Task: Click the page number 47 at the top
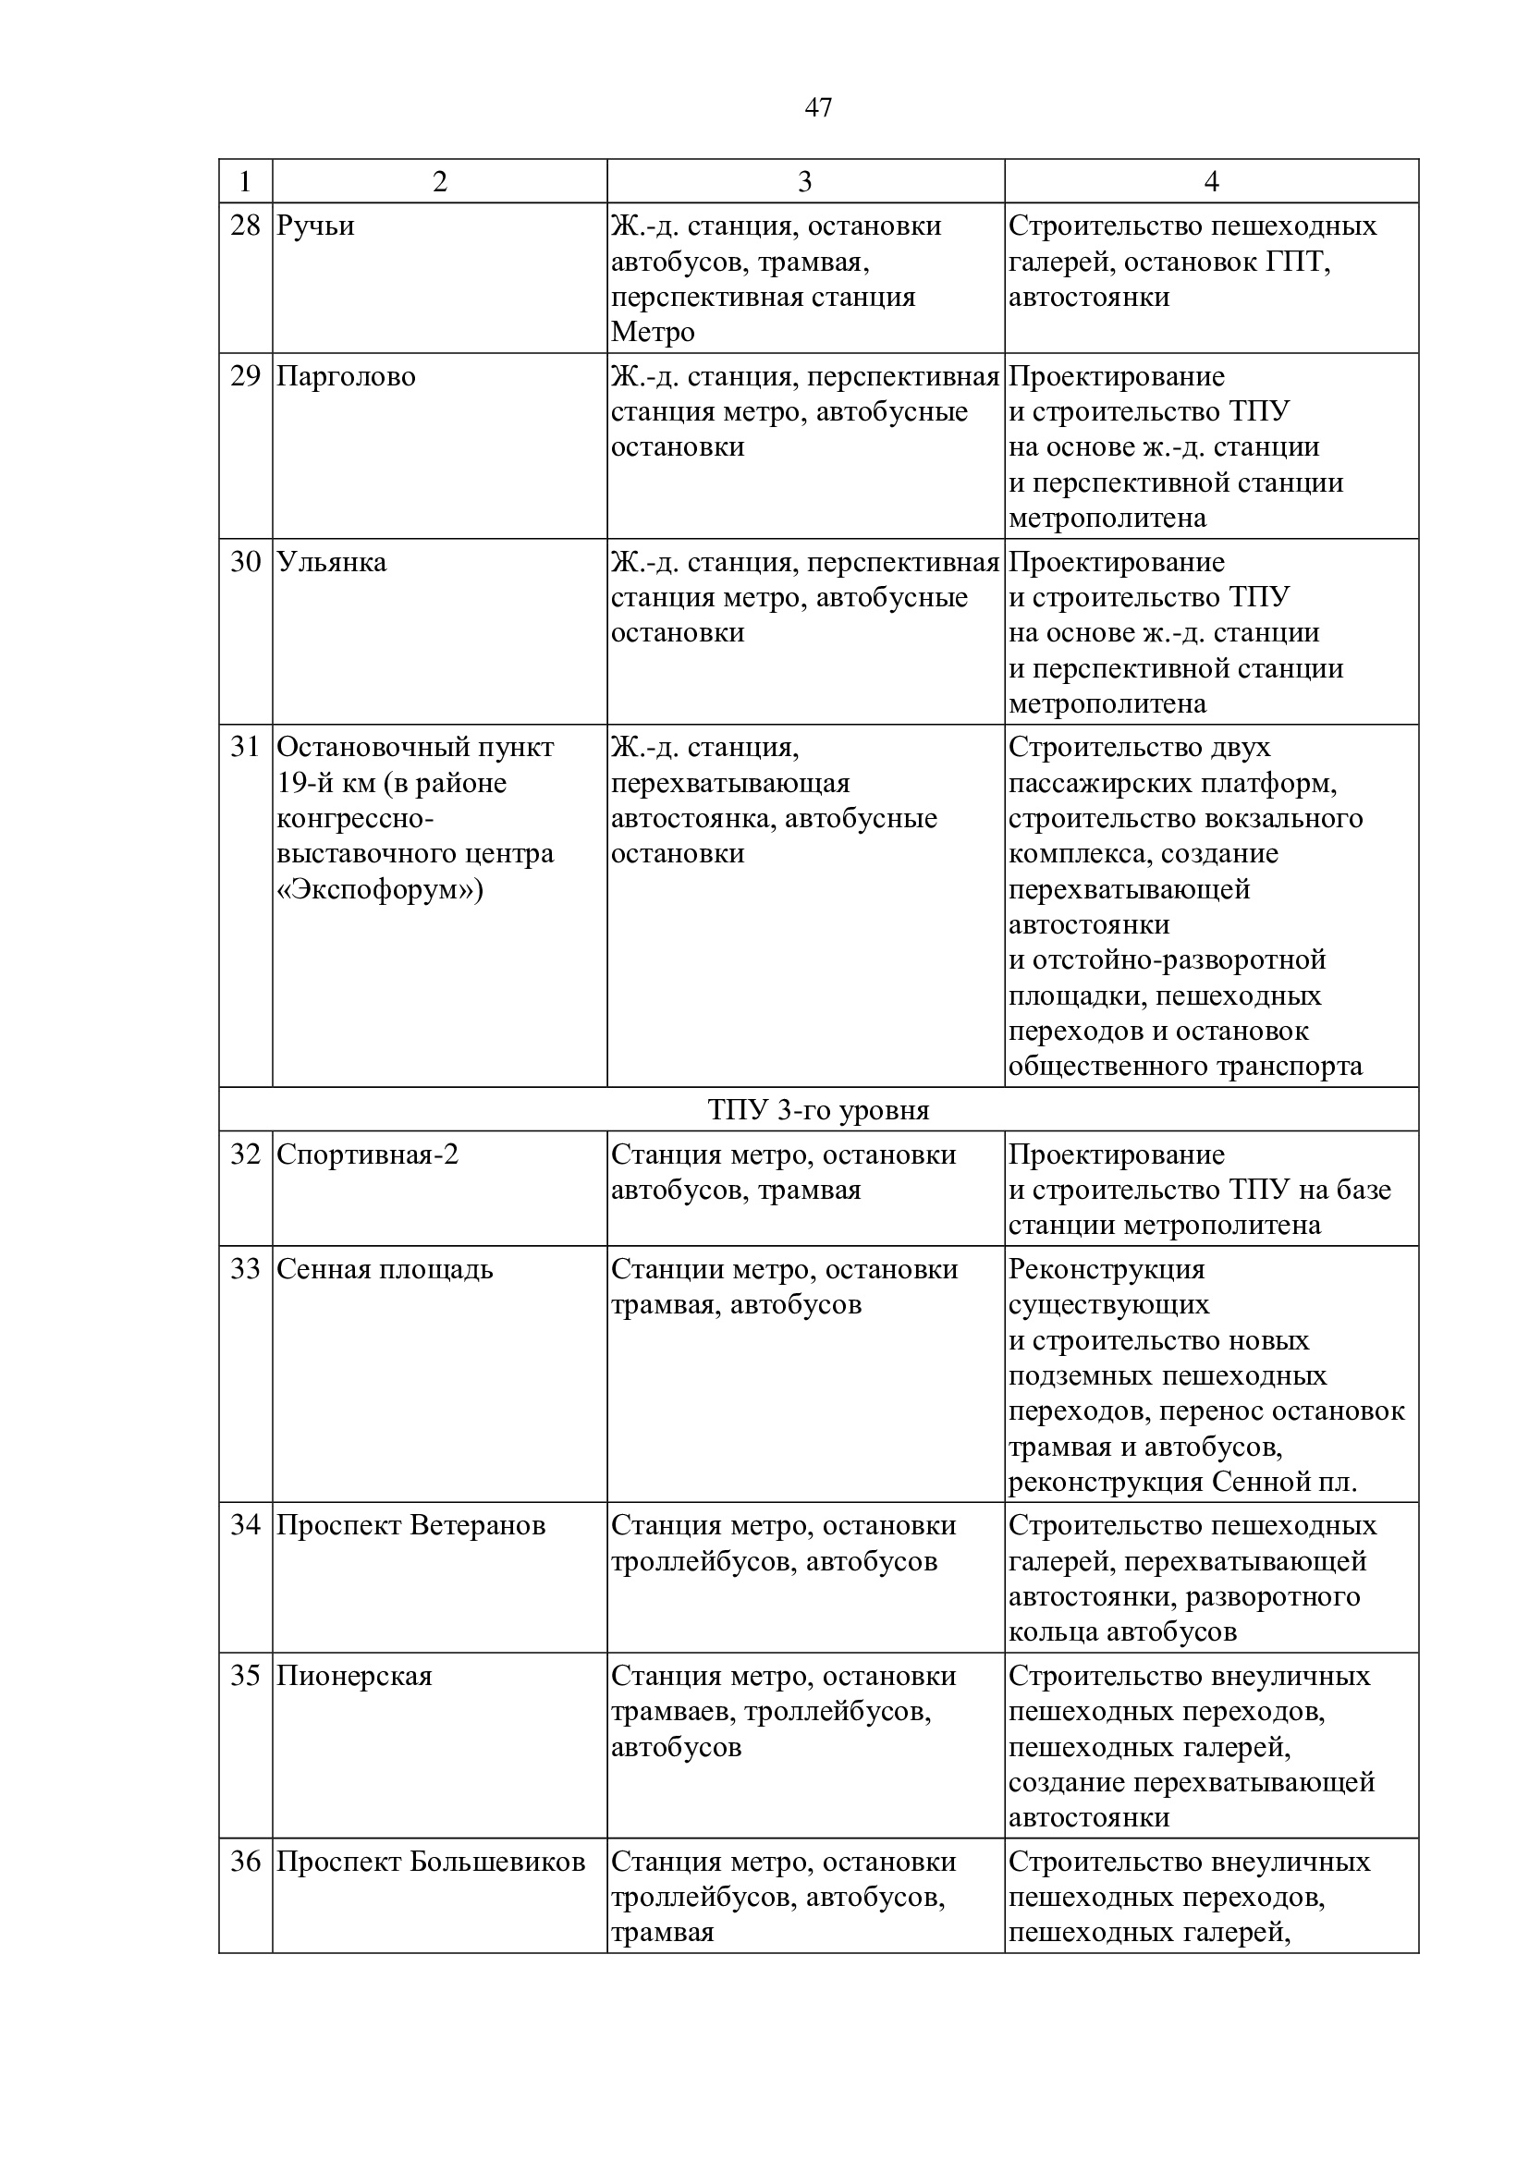(818, 108)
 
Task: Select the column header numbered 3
(804, 182)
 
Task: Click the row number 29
(245, 376)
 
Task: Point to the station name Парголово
(346, 376)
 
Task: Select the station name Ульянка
(332, 562)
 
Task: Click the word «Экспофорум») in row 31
(379, 890)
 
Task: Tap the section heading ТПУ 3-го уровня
(818, 1110)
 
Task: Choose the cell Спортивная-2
(367, 1154)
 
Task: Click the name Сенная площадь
(385, 1269)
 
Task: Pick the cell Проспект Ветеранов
(410, 1525)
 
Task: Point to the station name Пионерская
(354, 1676)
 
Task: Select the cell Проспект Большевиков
(430, 1862)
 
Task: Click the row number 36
(245, 1862)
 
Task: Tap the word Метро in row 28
(653, 333)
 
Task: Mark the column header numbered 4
(1211, 182)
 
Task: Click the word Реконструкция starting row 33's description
(1107, 1269)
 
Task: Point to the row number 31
(245, 748)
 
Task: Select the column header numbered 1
(245, 182)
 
